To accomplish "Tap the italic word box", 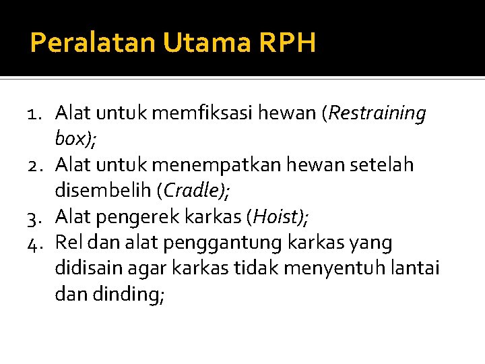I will point(71,139).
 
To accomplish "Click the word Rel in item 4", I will point(69,243).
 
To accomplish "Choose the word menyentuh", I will point(334,268).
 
